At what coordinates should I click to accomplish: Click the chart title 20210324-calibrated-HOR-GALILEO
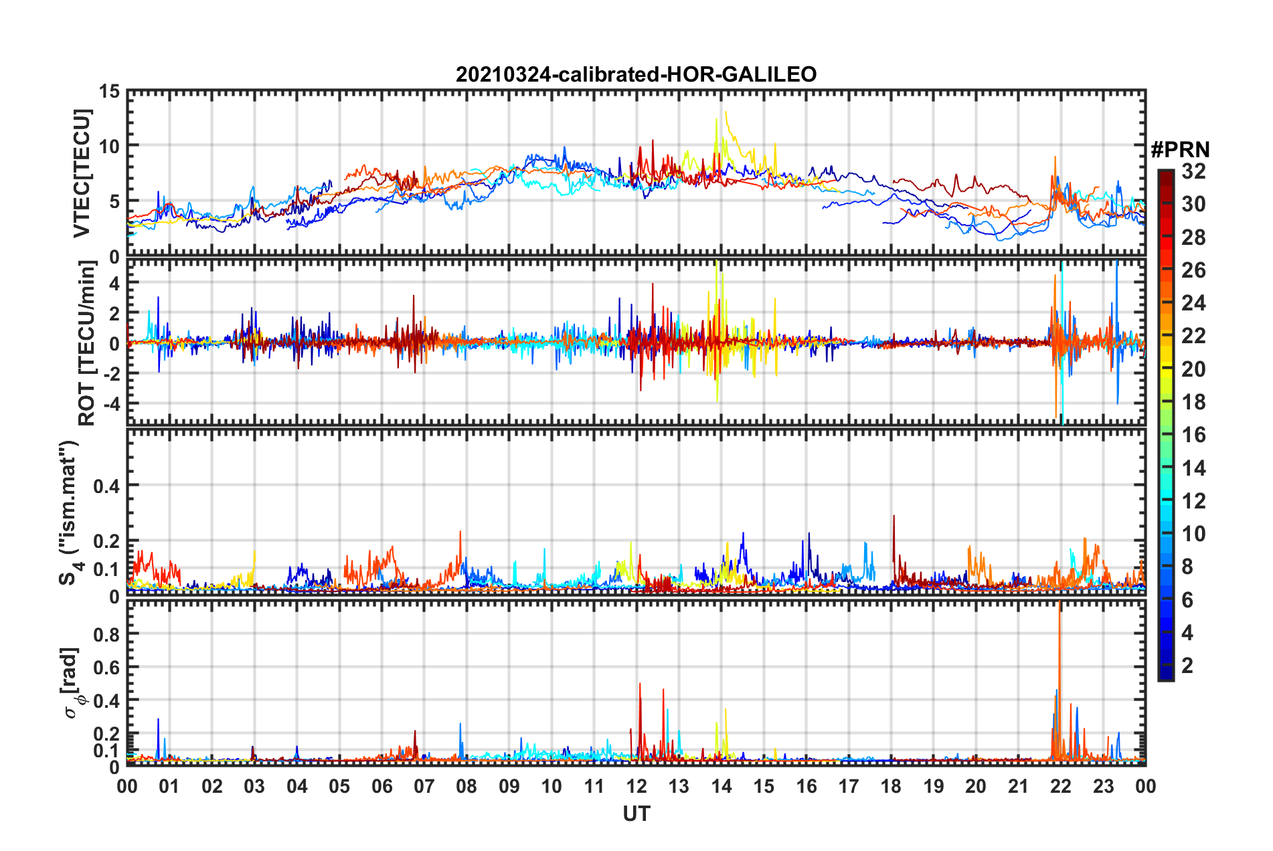point(636,74)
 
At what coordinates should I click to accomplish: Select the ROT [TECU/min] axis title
point(87,343)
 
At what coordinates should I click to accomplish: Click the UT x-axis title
point(636,814)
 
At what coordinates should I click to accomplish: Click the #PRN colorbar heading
point(1180,150)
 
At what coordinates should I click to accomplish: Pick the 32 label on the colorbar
point(1193,171)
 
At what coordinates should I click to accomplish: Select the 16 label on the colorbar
point(1193,435)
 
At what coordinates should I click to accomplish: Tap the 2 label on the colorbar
point(1187,665)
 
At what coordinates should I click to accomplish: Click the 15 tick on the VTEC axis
point(109,91)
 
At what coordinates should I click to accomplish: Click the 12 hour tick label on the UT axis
point(636,786)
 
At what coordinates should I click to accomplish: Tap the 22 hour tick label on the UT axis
point(1061,786)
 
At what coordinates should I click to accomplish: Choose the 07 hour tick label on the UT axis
point(424,786)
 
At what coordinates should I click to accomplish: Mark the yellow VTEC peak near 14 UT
point(726,112)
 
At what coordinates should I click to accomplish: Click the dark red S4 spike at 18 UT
point(894,516)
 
